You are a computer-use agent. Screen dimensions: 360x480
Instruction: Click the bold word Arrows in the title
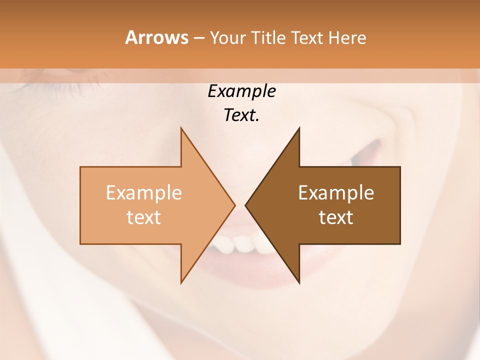[x=156, y=37]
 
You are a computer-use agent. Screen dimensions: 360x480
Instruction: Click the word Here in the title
[x=347, y=38]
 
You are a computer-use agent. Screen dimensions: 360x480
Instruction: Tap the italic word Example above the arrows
[x=241, y=91]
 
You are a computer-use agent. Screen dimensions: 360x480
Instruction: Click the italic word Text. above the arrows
[x=241, y=115]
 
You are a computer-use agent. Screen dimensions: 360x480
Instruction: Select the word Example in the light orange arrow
[x=144, y=193]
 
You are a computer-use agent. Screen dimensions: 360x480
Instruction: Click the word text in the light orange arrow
[x=144, y=217]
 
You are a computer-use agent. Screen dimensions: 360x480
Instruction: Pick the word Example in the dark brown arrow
[x=336, y=193]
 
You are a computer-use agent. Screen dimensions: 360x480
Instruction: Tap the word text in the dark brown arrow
[x=336, y=217]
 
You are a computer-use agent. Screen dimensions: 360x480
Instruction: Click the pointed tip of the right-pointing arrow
[x=234, y=205]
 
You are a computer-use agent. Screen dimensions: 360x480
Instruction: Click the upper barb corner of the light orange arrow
[x=181, y=128]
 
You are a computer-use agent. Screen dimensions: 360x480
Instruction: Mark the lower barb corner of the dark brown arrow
[x=299, y=282]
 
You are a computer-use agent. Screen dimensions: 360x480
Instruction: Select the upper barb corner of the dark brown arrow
[x=299, y=128]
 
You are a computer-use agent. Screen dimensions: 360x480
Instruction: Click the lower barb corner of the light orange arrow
[x=181, y=282]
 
